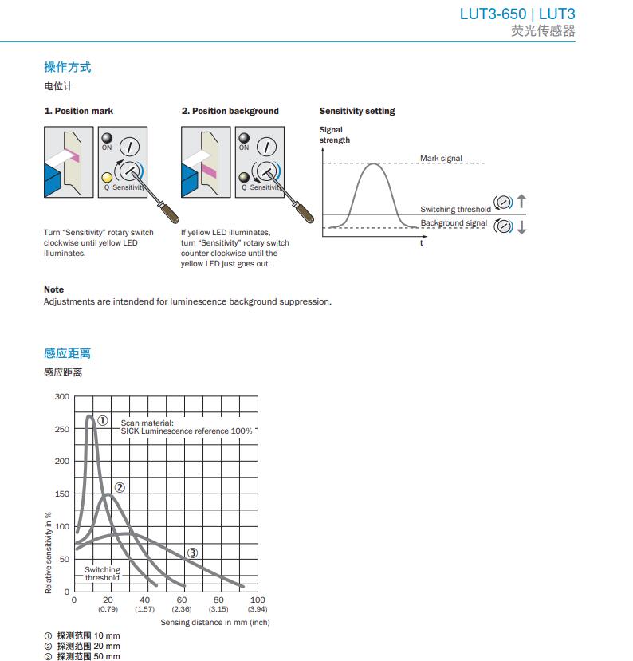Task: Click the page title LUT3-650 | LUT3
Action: pyautogui.click(x=517, y=14)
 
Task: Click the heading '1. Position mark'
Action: pyautogui.click(x=78, y=111)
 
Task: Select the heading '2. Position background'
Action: pyautogui.click(x=230, y=111)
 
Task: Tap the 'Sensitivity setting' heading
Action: pyautogui.click(x=357, y=111)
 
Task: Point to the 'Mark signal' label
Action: pyautogui.click(x=441, y=159)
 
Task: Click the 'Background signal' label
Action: pyautogui.click(x=454, y=222)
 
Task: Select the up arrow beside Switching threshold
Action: pyautogui.click(x=521, y=201)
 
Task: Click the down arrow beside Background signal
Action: pyautogui.click(x=521, y=226)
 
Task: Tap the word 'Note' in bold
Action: pyautogui.click(x=53, y=289)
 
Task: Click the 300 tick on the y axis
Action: pyautogui.click(x=62, y=396)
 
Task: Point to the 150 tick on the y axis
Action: pyautogui.click(x=62, y=494)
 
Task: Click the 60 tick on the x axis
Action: pyautogui.click(x=182, y=600)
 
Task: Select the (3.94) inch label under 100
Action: pyautogui.click(x=258, y=609)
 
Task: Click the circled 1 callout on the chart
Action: pyautogui.click(x=103, y=421)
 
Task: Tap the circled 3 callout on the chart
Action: pyautogui.click(x=192, y=553)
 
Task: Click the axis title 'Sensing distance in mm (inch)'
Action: pyautogui.click(x=215, y=622)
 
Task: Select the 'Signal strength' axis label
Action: pyautogui.click(x=334, y=135)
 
